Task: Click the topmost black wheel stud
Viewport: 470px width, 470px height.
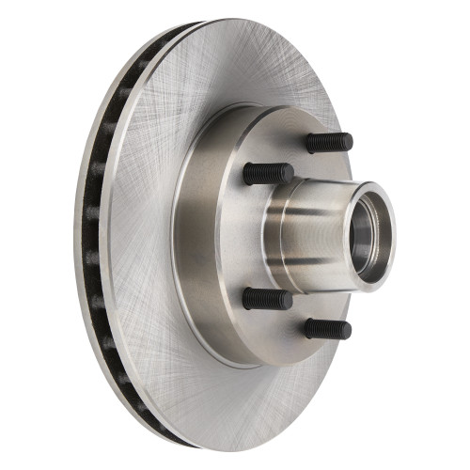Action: point(329,143)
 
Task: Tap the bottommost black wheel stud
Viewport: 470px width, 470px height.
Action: point(327,329)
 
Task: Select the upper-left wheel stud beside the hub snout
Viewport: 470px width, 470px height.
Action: point(268,173)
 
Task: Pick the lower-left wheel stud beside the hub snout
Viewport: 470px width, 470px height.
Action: point(268,299)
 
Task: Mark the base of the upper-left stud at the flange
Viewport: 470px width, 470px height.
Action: point(248,173)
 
